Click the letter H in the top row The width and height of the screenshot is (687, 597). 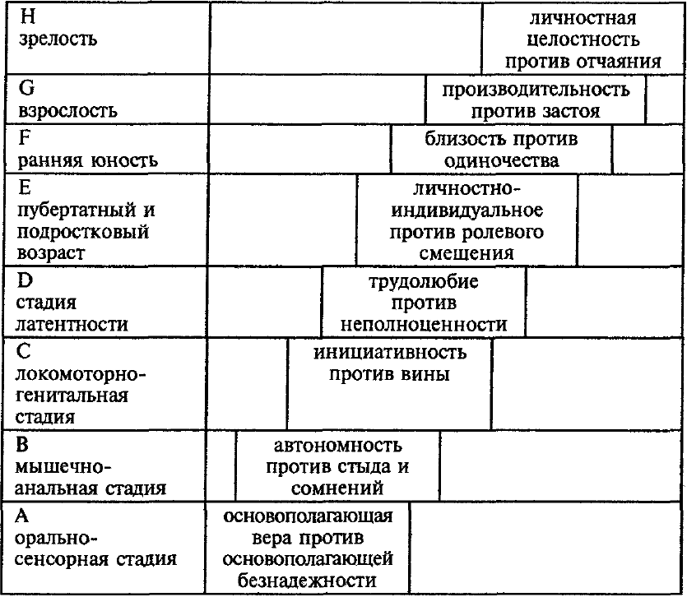click(28, 16)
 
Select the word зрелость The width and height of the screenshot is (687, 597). click(58, 39)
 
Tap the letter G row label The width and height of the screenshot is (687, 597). click(26, 88)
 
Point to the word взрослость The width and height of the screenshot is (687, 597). click(68, 111)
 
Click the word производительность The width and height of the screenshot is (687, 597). click(536, 90)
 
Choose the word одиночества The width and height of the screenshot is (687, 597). click(502, 161)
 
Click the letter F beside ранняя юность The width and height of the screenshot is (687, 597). click(25, 137)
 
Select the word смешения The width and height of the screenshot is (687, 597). click(467, 253)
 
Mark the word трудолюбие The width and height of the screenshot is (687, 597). click(424, 281)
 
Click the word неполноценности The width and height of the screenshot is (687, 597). click(424, 325)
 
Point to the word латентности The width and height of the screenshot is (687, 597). click(72, 325)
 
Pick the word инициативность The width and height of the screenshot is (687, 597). click(390, 353)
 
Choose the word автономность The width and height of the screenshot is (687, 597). click(337, 446)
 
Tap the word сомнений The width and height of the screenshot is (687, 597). click(337, 488)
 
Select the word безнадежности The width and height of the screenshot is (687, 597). click(307, 581)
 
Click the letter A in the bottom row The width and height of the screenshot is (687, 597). click(22, 516)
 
